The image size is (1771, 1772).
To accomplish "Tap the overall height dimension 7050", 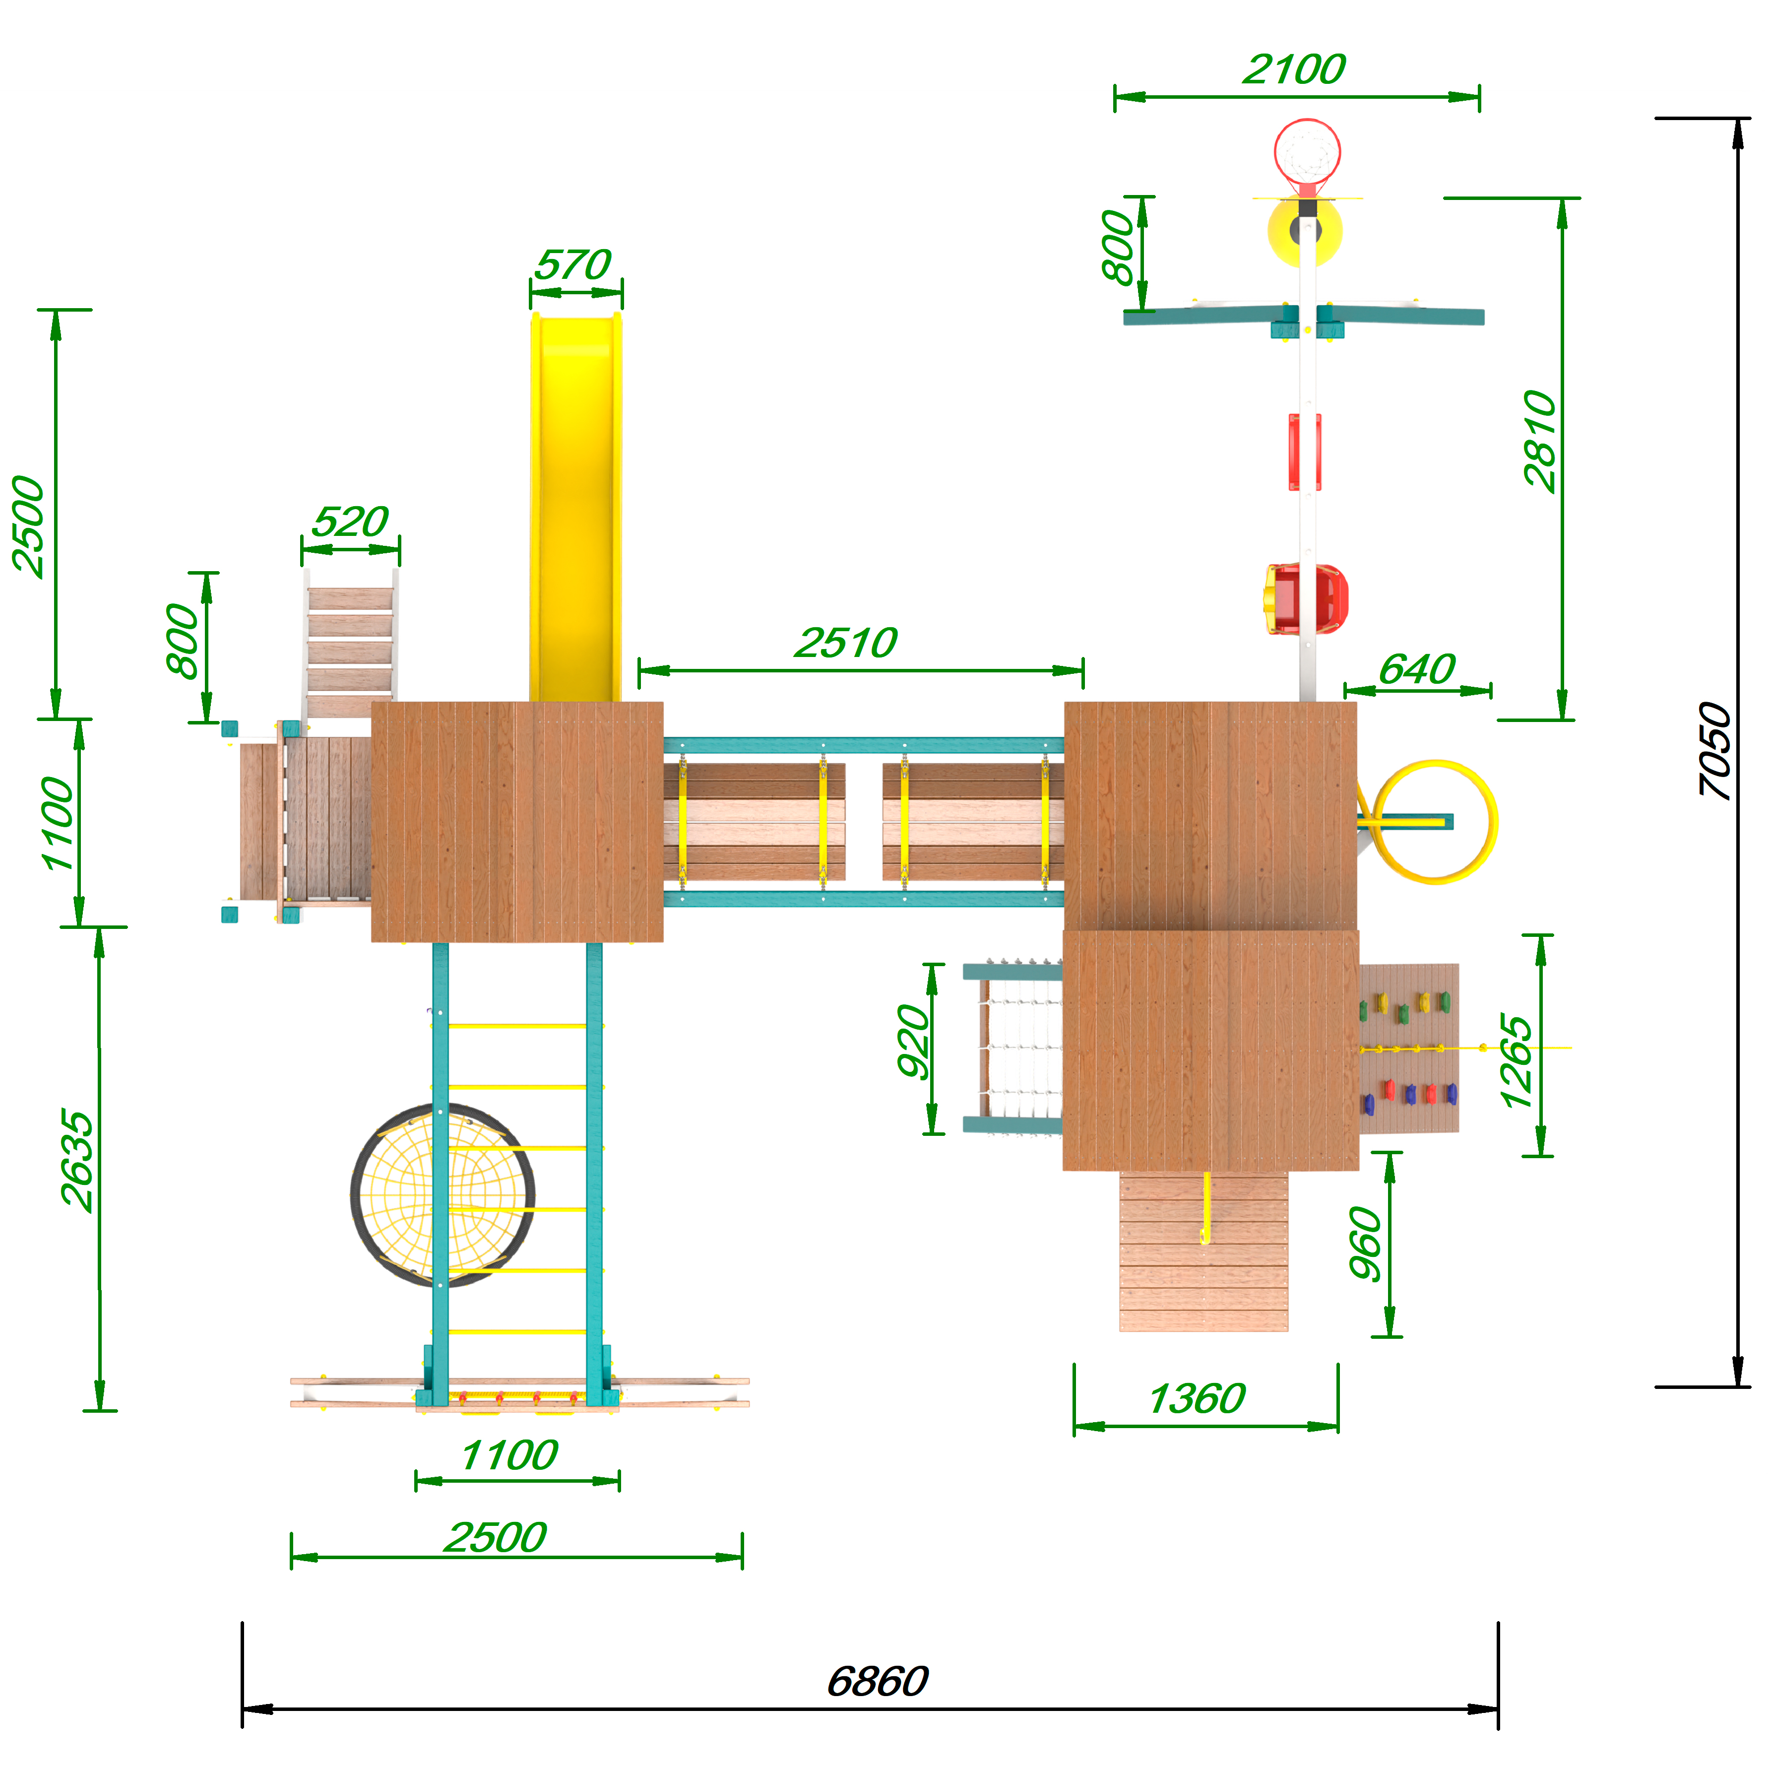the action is (x=1713, y=750).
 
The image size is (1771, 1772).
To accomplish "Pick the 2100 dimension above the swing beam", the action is (x=1294, y=69).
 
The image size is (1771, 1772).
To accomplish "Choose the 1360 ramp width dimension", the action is (x=1197, y=1399).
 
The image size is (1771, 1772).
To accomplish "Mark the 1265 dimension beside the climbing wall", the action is (x=1515, y=1061).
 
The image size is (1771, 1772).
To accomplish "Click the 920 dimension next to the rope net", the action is (x=913, y=1041).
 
